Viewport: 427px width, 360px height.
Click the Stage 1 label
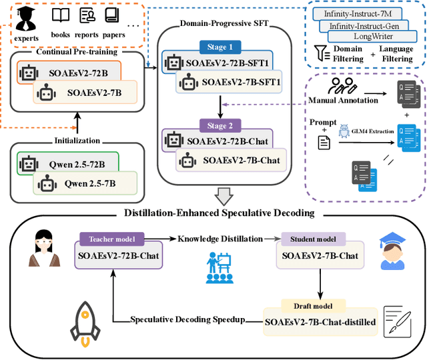click(222, 48)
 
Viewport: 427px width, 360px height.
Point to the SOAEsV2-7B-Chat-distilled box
click(320, 322)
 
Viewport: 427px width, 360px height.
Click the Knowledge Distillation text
click(220, 238)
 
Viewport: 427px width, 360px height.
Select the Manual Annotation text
click(344, 101)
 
